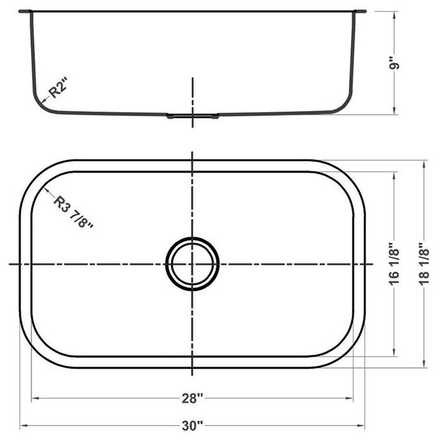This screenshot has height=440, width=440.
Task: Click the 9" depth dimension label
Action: (395, 65)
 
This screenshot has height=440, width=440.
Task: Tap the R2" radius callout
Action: (58, 88)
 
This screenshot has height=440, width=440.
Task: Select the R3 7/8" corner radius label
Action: (73, 212)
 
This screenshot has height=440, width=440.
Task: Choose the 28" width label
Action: (192, 398)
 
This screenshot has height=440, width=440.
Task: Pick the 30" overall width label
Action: (192, 426)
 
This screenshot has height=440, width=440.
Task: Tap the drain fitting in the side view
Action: (192, 116)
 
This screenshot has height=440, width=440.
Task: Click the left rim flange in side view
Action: (25, 11)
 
